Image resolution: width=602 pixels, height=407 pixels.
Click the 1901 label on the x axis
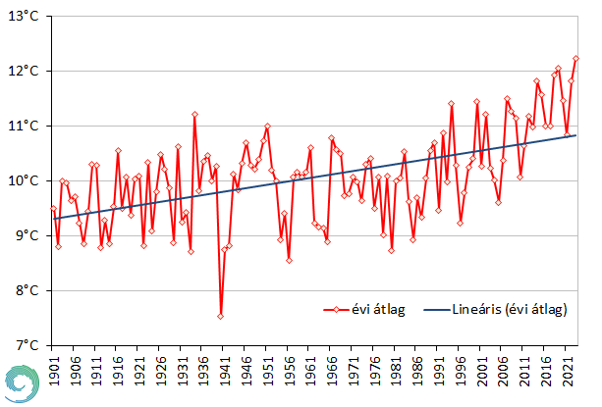(x=53, y=371)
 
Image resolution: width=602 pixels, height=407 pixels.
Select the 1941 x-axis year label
(x=225, y=371)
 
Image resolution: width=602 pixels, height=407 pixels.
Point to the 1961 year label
(x=311, y=371)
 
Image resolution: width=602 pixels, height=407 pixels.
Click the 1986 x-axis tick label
(x=419, y=371)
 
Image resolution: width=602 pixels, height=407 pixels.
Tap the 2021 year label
(x=571, y=371)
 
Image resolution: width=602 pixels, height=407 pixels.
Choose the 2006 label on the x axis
(x=506, y=371)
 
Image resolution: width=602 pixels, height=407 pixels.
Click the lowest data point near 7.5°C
(x=221, y=316)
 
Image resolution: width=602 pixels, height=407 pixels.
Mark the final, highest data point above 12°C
(x=575, y=59)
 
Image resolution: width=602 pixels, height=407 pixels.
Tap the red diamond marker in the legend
(x=337, y=310)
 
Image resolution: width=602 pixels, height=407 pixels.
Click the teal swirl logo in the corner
(x=19, y=382)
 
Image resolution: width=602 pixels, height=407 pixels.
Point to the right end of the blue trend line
(x=575, y=135)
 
